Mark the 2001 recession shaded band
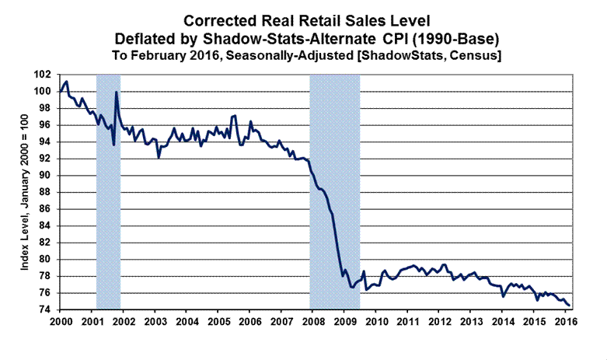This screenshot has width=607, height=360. [x=108, y=194]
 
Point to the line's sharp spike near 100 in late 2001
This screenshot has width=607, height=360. [x=117, y=93]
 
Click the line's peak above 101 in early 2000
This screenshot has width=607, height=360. [x=67, y=82]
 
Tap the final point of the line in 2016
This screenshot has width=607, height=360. [x=570, y=305]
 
